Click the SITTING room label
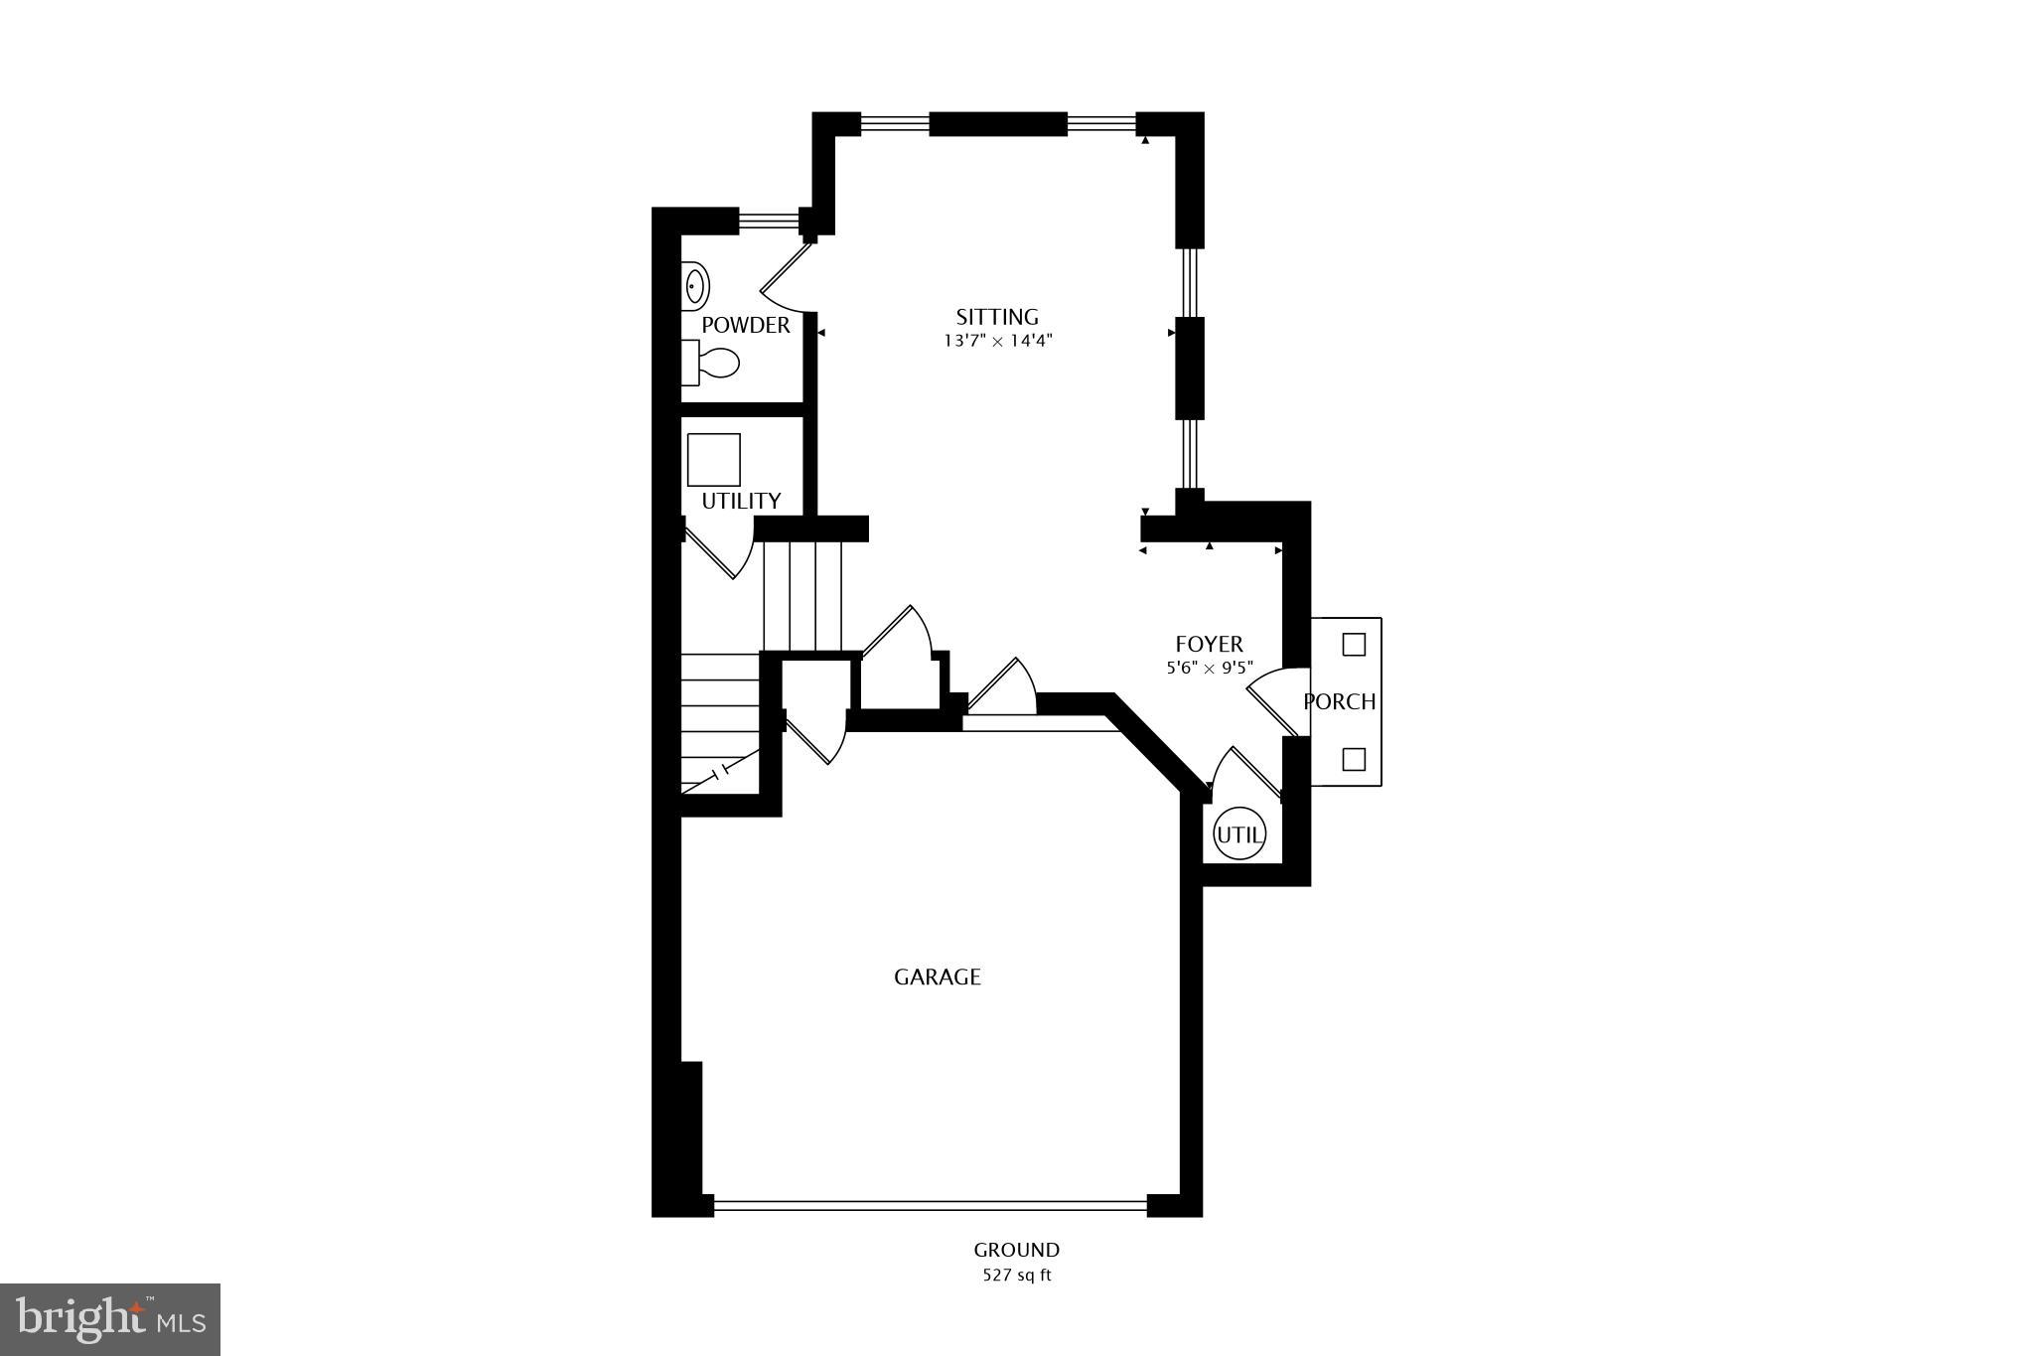point(997,317)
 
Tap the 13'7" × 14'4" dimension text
point(997,341)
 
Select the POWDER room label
point(746,325)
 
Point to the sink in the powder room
point(695,286)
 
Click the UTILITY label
point(741,501)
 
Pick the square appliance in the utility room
point(714,460)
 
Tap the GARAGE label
point(938,977)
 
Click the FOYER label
point(1209,644)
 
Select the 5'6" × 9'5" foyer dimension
point(1209,669)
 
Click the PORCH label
point(1339,701)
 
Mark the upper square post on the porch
point(1354,645)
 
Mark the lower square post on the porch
point(1354,760)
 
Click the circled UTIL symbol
point(1239,835)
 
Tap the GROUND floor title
point(1016,1250)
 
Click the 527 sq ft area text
point(1016,1276)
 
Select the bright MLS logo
point(110,1319)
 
